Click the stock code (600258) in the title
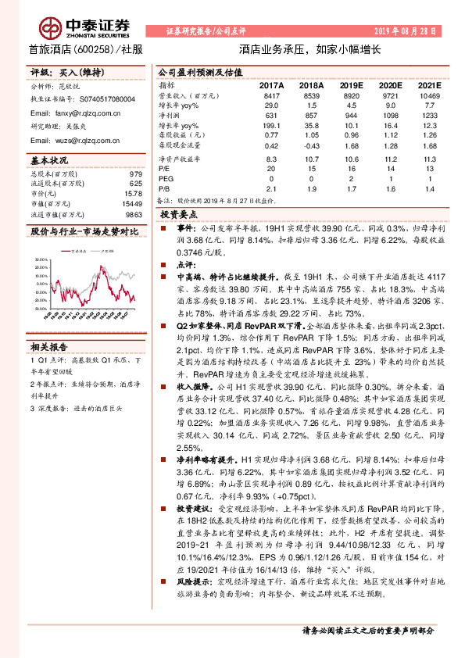tap(94, 48)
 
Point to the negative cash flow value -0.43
tap(312, 145)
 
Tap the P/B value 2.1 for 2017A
tap(271, 188)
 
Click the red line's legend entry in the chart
tap(77, 253)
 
